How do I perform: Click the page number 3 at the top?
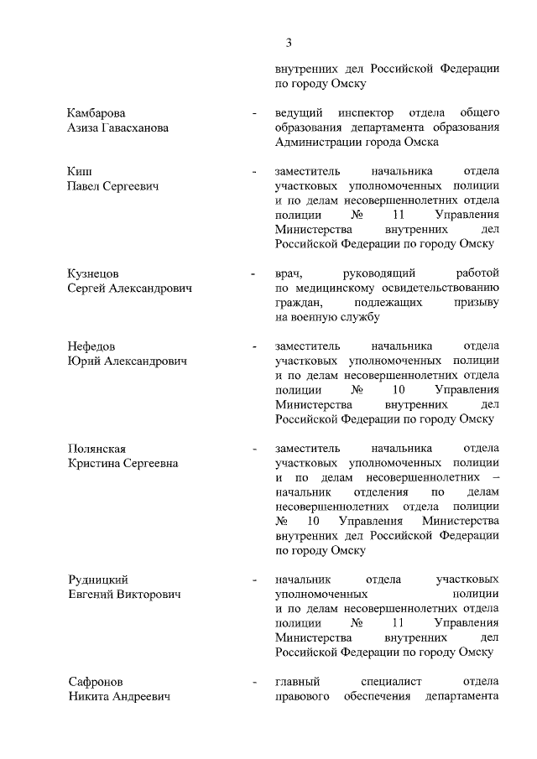click(288, 43)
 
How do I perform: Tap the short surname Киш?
click(80, 171)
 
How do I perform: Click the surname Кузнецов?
click(92, 273)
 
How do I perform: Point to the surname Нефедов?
click(91, 346)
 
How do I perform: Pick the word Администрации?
click(314, 143)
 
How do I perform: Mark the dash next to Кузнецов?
click(253, 273)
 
